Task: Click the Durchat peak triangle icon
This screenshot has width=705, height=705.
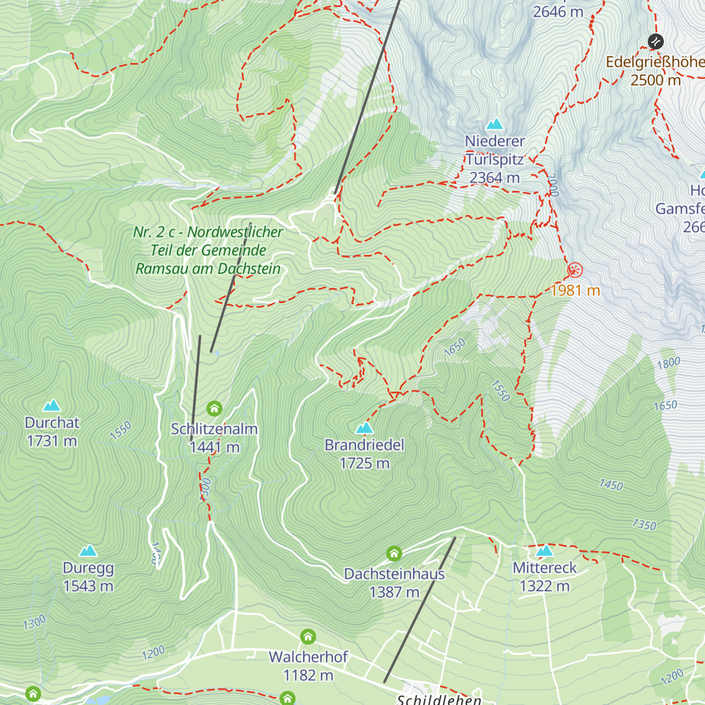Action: point(52,405)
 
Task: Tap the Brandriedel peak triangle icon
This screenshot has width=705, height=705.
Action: point(364,428)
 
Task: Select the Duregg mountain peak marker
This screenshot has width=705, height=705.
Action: point(88,550)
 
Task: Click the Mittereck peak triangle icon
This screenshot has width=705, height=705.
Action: point(545,550)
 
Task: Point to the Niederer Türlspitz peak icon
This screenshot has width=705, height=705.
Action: point(495,124)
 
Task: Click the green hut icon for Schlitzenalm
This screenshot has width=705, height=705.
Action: point(214,408)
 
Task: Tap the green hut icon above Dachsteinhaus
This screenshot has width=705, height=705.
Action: point(394,553)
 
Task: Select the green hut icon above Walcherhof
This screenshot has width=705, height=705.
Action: point(308,636)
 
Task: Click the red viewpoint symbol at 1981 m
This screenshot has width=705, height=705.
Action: point(575,270)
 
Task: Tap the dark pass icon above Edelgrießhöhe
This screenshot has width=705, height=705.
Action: point(656,42)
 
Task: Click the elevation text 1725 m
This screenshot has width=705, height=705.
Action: point(364,464)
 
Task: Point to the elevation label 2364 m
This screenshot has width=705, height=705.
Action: point(495,177)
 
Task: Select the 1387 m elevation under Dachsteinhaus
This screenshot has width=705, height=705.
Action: point(394,592)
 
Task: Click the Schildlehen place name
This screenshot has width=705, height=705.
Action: point(439,699)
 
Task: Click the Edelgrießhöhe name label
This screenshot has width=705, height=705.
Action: point(654,62)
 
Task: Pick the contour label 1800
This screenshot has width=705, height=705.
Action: point(668,363)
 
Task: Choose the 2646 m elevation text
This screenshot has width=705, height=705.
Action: point(558,12)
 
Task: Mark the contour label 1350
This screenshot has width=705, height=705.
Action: point(643,524)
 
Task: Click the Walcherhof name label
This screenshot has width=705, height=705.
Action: point(308,657)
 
